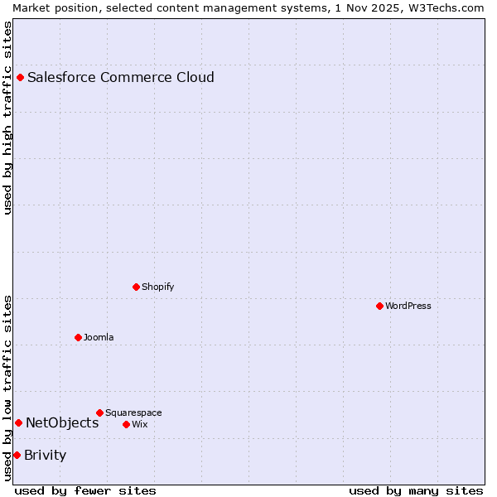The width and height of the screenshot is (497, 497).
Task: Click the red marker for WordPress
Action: tap(379, 306)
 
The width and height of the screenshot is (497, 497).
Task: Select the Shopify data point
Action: tap(137, 287)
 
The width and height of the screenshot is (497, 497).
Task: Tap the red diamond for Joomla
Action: tap(79, 337)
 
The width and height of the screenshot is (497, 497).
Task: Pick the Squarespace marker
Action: tap(99, 413)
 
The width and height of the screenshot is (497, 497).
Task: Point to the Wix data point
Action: tap(126, 424)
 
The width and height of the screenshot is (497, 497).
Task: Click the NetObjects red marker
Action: tap(18, 422)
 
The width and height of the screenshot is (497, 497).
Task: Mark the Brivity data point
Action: tap(17, 455)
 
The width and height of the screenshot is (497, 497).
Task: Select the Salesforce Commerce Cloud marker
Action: tap(21, 77)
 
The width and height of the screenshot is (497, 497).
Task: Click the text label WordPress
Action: tap(408, 306)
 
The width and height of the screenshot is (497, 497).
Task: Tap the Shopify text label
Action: tap(157, 287)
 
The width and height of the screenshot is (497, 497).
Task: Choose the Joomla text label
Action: tap(99, 337)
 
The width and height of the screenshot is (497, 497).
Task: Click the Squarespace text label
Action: tap(133, 413)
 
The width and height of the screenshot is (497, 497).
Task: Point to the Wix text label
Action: tap(139, 424)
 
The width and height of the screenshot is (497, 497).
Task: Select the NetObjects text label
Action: tap(62, 422)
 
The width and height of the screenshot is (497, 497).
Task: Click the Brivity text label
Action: tap(46, 455)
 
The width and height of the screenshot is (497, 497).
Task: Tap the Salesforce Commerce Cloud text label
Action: tap(121, 77)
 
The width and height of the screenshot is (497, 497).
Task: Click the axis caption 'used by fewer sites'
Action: tap(85, 490)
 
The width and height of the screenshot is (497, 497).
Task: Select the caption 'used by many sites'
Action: tap(416, 490)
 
